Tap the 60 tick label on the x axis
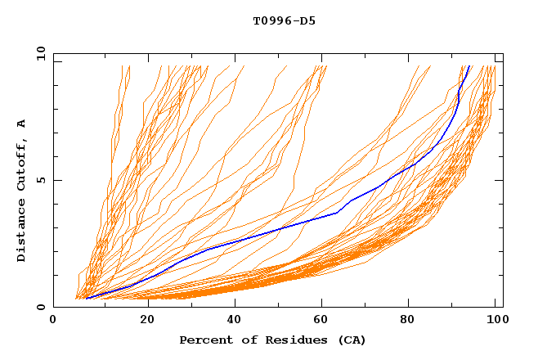tap(325, 320)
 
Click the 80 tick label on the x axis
tap(414, 320)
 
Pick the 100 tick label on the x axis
tap(495, 320)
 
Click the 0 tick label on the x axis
tap(54, 320)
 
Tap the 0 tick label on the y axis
tap(40, 308)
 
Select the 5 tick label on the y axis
tap(40, 180)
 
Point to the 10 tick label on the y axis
tap(38, 54)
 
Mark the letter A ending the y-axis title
tap(22, 124)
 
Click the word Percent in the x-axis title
tap(206, 340)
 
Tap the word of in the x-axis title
tap(250, 340)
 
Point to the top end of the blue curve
tap(469, 66)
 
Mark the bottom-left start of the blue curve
tap(86, 298)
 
